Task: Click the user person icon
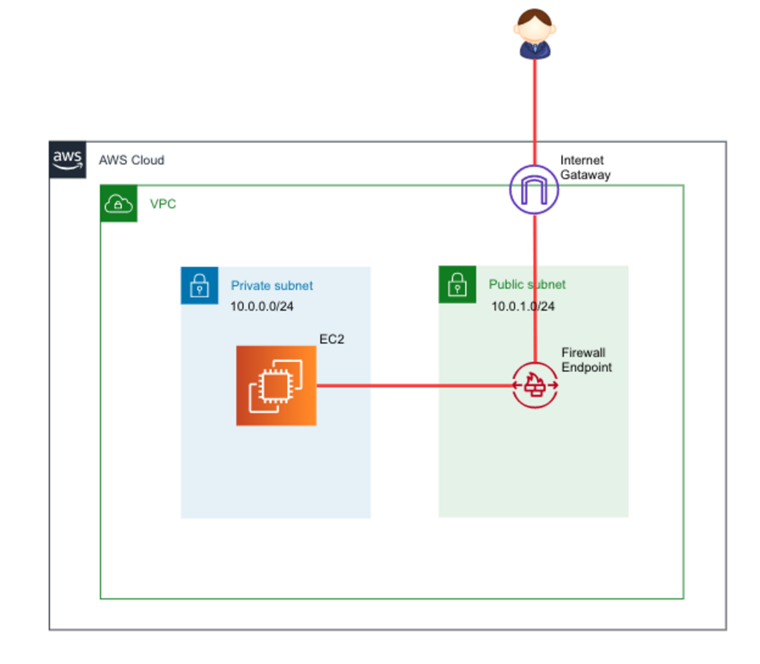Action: [x=534, y=34]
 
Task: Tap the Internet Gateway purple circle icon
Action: [x=534, y=190]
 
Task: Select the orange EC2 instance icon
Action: [x=276, y=386]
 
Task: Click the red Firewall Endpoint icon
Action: [x=535, y=385]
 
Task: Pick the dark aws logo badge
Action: [x=68, y=159]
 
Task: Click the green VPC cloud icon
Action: [x=119, y=204]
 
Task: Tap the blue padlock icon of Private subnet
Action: [x=199, y=285]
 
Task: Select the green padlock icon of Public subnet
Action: [x=457, y=285]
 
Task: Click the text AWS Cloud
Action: [x=132, y=160]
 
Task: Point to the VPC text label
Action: [x=163, y=204]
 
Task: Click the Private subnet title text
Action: [x=272, y=285]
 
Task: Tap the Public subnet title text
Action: [x=527, y=284]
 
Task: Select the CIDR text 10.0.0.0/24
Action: [x=262, y=307]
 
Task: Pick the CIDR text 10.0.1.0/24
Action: [x=523, y=307]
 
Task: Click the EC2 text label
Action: [x=331, y=339]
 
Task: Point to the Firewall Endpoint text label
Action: [x=586, y=360]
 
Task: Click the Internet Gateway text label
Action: [x=585, y=167]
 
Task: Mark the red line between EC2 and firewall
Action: [x=409, y=386]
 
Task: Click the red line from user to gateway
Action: [x=534, y=111]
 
